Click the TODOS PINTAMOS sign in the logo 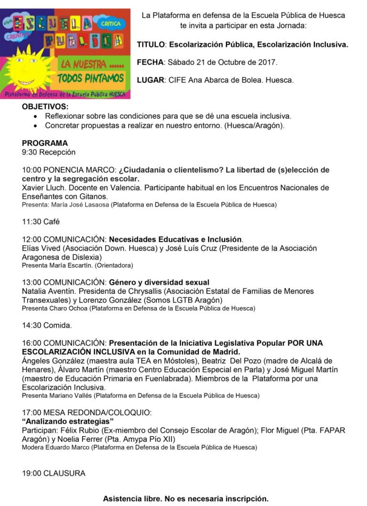pos(91,78)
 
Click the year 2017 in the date pos(268,62)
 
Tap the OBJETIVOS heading pos(45,107)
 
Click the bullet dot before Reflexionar pos(35,116)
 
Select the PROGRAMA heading pos(45,143)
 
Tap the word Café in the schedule pos(52,222)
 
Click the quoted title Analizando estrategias pos(68,421)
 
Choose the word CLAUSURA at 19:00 pos(64,473)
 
